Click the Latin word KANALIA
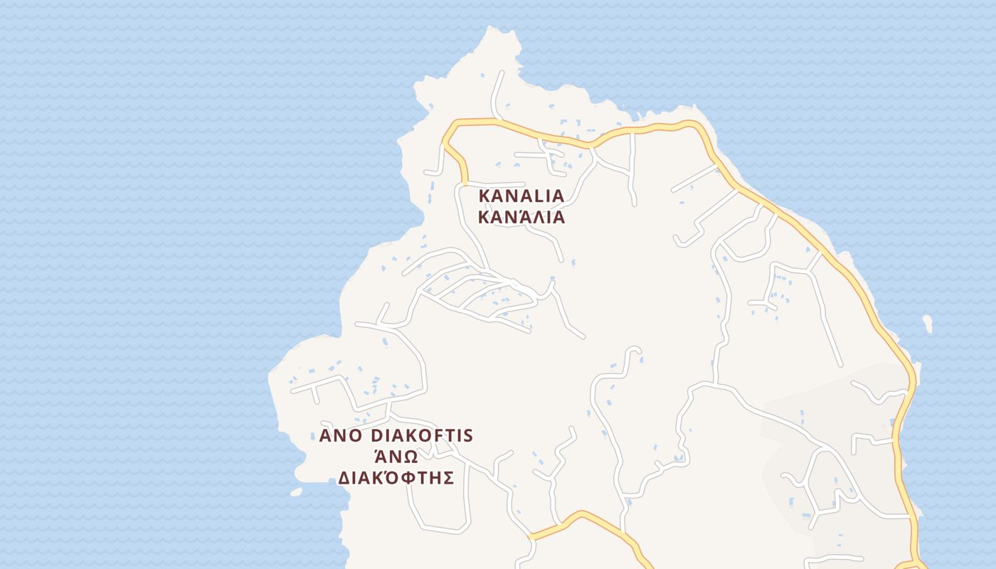pos(521,196)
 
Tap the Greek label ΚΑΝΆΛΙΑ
pos(521,218)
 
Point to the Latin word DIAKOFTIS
pos(422,435)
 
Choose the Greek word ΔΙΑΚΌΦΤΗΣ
pos(396,477)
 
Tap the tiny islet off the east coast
pos(928,324)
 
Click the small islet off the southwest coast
pos(296,491)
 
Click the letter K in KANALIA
pos(484,196)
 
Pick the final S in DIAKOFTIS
pos(467,435)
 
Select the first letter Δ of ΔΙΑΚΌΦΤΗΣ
pos(343,477)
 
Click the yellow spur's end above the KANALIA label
pos(466,184)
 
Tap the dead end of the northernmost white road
pos(502,72)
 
